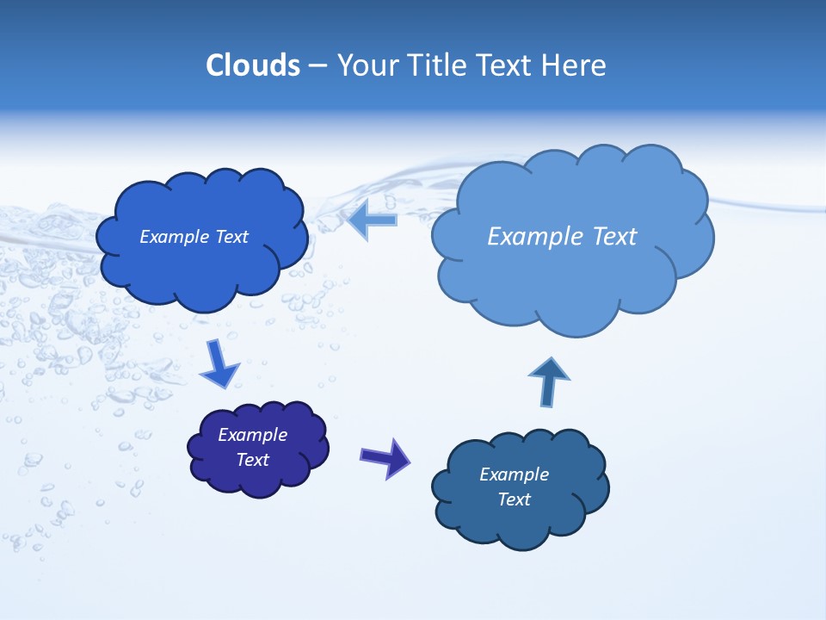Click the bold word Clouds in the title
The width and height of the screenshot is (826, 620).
[x=252, y=65]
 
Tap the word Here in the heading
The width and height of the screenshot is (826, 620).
[x=576, y=65]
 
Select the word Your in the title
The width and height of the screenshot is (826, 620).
[x=366, y=65]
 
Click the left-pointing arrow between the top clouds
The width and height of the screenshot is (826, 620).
[x=373, y=220]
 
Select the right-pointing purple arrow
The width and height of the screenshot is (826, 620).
[x=385, y=457]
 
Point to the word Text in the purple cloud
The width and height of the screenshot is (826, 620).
[x=253, y=460]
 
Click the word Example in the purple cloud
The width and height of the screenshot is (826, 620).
[x=253, y=435]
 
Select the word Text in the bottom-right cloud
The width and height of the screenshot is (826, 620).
[x=515, y=499]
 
